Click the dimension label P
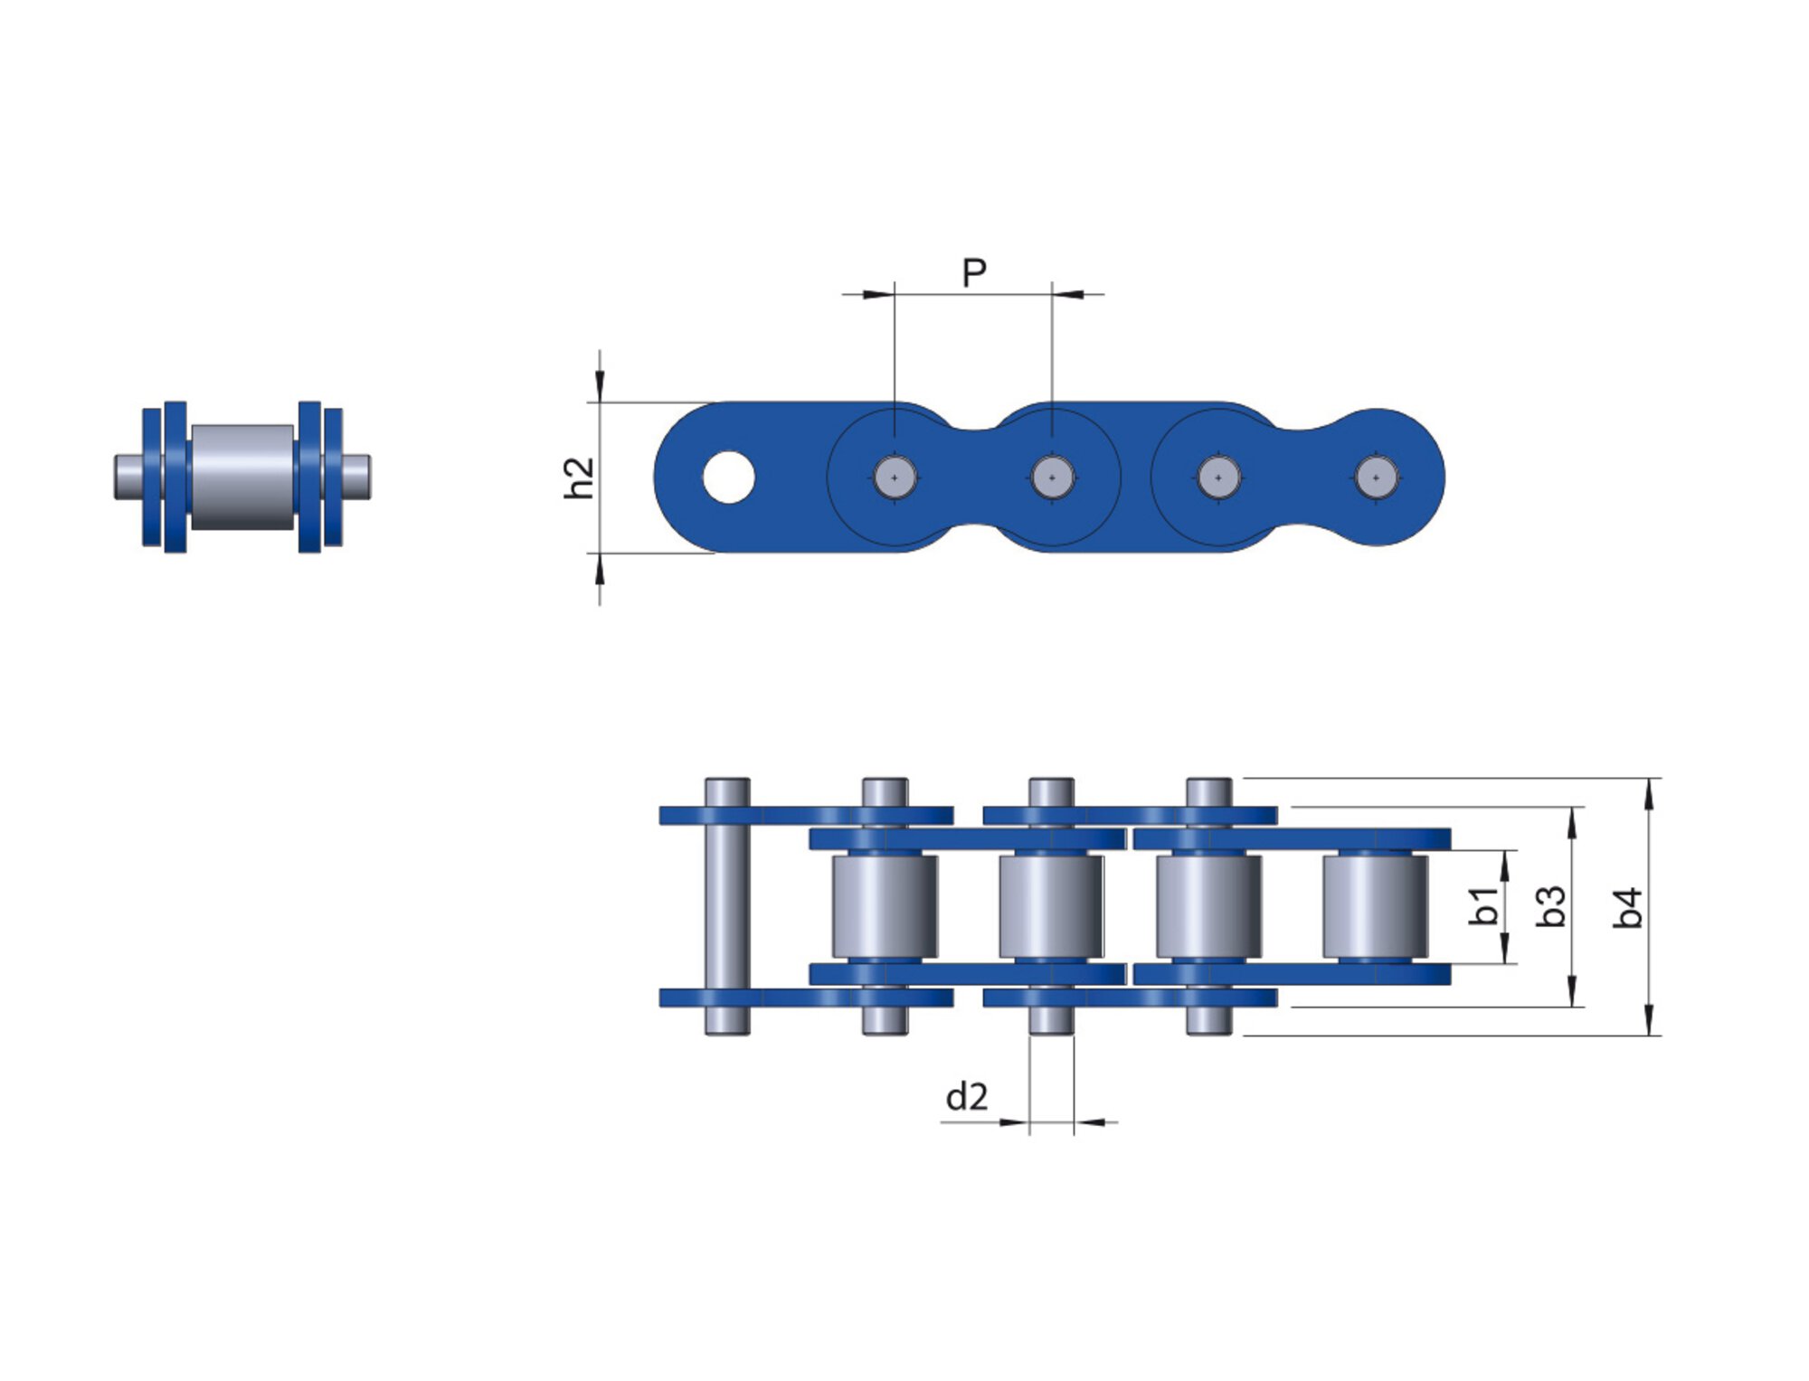pos(973,271)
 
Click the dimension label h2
pos(579,478)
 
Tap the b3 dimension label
pos(1550,906)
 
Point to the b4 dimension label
pos(1627,907)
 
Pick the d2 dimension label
pos(966,1097)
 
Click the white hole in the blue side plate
pos(728,478)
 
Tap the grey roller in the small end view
pos(242,477)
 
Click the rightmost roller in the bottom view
pos(1375,906)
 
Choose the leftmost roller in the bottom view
pos(885,906)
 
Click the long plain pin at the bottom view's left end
pos(727,906)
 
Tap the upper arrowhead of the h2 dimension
pos(599,389)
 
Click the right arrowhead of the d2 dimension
pos(1088,1122)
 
